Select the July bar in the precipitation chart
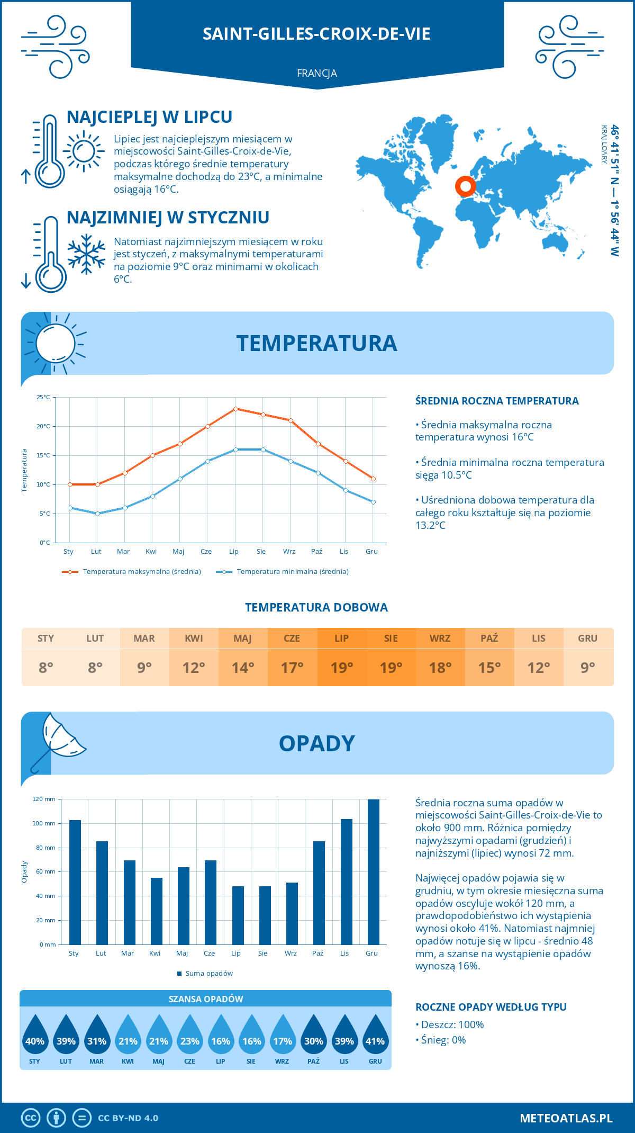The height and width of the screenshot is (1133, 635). pos(238,915)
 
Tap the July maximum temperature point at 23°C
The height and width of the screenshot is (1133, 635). pos(235,409)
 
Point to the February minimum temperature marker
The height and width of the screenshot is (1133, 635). pos(97,514)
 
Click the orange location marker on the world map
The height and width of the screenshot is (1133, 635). pos(466,186)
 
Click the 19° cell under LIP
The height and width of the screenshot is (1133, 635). pos(341,668)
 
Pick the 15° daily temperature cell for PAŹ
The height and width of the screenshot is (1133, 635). pos(489,668)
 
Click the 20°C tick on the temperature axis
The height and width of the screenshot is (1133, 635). pos(43,426)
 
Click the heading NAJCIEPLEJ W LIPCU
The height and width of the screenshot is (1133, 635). pos(149,117)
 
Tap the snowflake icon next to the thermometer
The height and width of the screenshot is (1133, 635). pos(86,255)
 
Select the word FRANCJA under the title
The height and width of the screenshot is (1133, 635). pos(317,73)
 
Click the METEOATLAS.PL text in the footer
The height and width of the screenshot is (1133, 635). pos(566,1118)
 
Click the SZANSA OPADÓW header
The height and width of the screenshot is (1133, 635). pos(206,999)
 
